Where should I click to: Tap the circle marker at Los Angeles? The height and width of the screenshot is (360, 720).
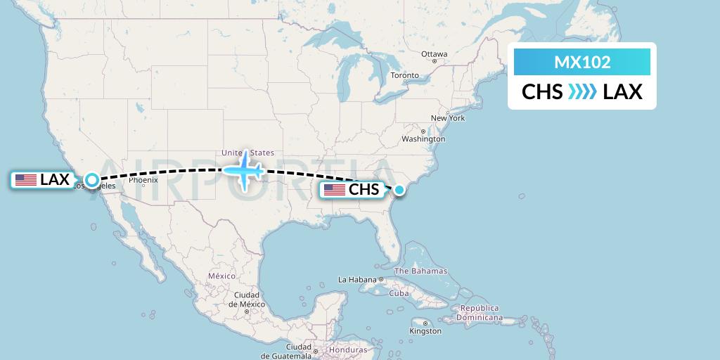point(92,179)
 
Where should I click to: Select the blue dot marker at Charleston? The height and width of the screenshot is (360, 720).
point(399,189)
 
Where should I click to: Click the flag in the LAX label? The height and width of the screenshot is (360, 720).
point(26,180)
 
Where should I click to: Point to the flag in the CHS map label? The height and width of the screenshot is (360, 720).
point(334,190)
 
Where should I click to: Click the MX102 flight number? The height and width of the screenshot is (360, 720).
point(582,63)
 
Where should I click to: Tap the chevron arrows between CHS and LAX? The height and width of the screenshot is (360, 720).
point(582,92)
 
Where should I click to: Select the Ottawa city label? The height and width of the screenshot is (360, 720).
point(434,54)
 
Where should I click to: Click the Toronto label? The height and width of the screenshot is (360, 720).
point(404,75)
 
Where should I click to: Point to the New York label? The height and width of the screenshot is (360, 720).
point(448,118)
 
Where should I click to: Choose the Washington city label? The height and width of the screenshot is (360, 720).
point(424,139)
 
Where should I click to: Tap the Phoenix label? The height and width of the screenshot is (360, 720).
point(143,180)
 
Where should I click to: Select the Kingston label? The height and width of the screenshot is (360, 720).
point(425,330)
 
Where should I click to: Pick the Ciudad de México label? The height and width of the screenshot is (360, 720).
point(241,299)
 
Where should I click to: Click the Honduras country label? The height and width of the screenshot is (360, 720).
point(348,350)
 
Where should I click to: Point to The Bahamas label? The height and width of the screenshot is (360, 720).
point(420,271)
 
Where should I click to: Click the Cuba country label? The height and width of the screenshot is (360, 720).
point(399,293)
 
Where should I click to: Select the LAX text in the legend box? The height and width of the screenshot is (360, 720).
point(623,92)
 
